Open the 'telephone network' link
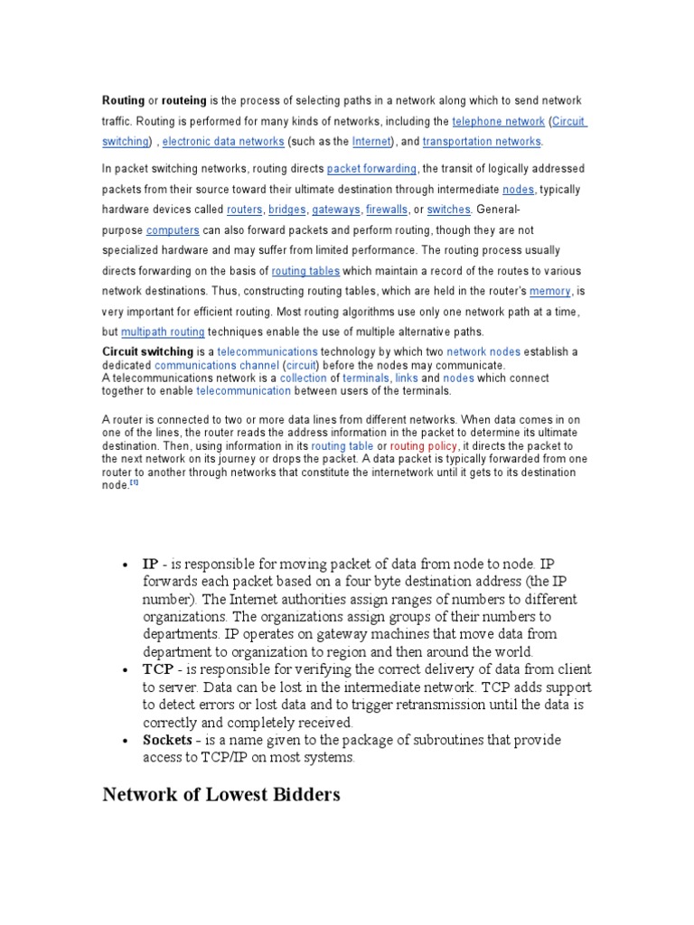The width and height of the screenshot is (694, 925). [x=498, y=121]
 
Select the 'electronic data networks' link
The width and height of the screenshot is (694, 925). [x=223, y=142]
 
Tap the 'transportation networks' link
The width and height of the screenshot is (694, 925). [x=482, y=142]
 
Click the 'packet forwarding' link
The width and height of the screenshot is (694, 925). [x=371, y=169]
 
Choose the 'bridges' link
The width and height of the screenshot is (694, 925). [x=286, y=210]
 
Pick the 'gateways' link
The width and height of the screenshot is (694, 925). [x=336, y=210]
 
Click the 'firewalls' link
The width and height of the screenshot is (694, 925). [x=387, y=210]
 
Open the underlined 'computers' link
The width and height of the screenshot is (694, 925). [x=173, y=230]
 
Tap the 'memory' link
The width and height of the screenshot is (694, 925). [x=549, y=292]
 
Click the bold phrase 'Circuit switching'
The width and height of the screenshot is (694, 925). [x=147, y=351]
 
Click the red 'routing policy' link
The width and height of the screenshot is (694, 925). [x=424, y=446]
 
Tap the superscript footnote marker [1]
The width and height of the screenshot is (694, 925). [x=134, y=482]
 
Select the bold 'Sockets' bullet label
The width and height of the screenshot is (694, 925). [x=167, y=740]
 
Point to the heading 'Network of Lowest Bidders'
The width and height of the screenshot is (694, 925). [x=221, y=795]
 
